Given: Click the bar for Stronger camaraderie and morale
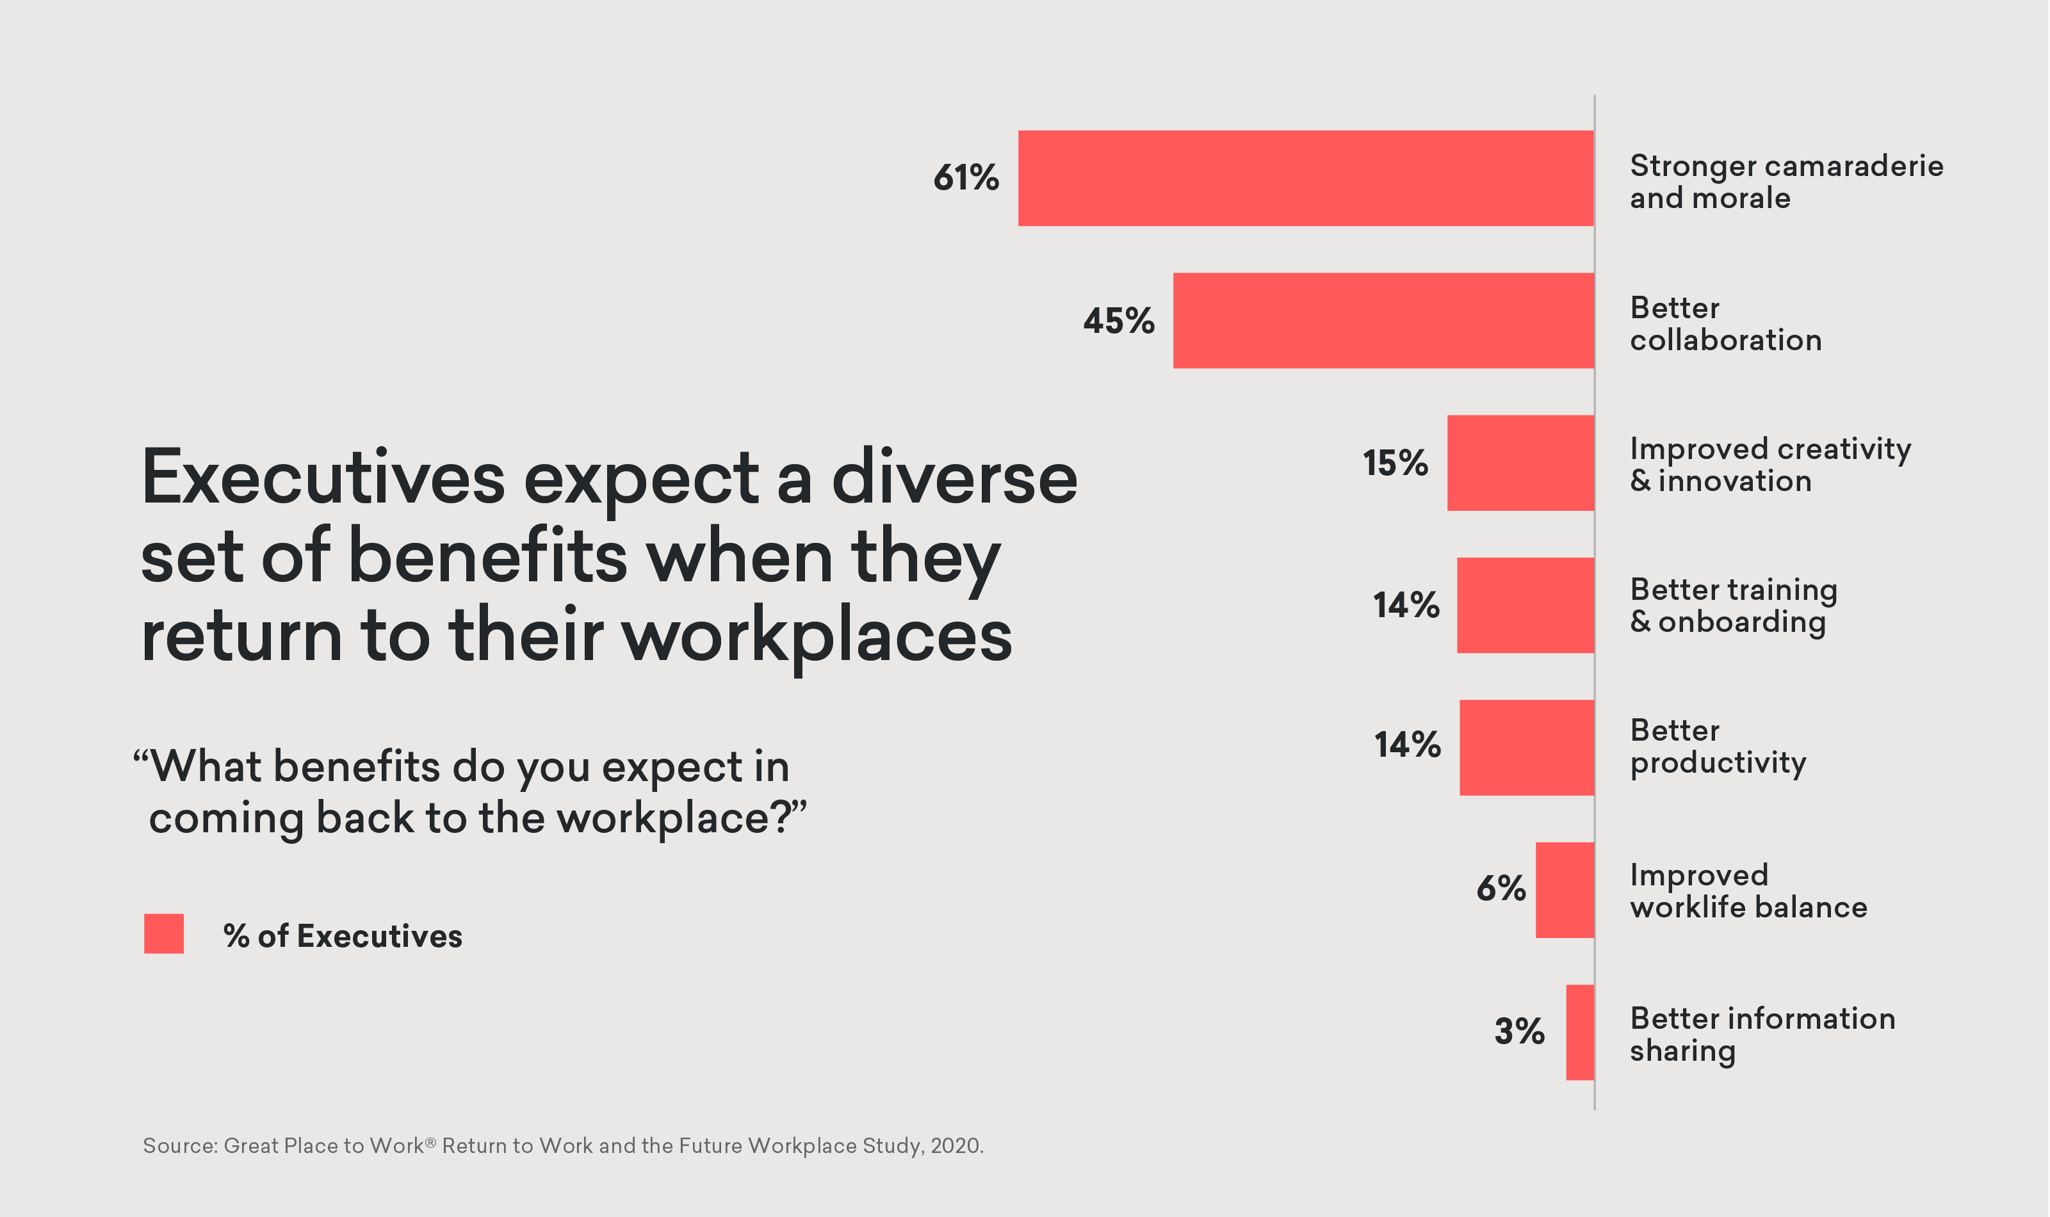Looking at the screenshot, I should (x=1306, y=178).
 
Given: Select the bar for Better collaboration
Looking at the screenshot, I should (x=1383, y=321).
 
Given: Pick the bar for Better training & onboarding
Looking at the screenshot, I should (x=1525, y=605).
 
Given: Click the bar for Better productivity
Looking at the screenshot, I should (x=1527, y=747).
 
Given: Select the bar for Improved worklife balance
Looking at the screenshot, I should (x=1565, y=890).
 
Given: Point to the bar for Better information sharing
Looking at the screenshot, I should (x=1579, y=1033).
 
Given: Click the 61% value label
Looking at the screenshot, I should (x=966, y=178).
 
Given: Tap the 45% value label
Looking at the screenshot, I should (x=1118, y=321).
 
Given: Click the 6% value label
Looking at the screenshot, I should (x=1501, y=888).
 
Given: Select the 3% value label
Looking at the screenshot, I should (x=1518, y=1031).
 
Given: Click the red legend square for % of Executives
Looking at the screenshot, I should (x=164, y=934).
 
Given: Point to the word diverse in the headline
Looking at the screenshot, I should (x=954, y=478).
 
